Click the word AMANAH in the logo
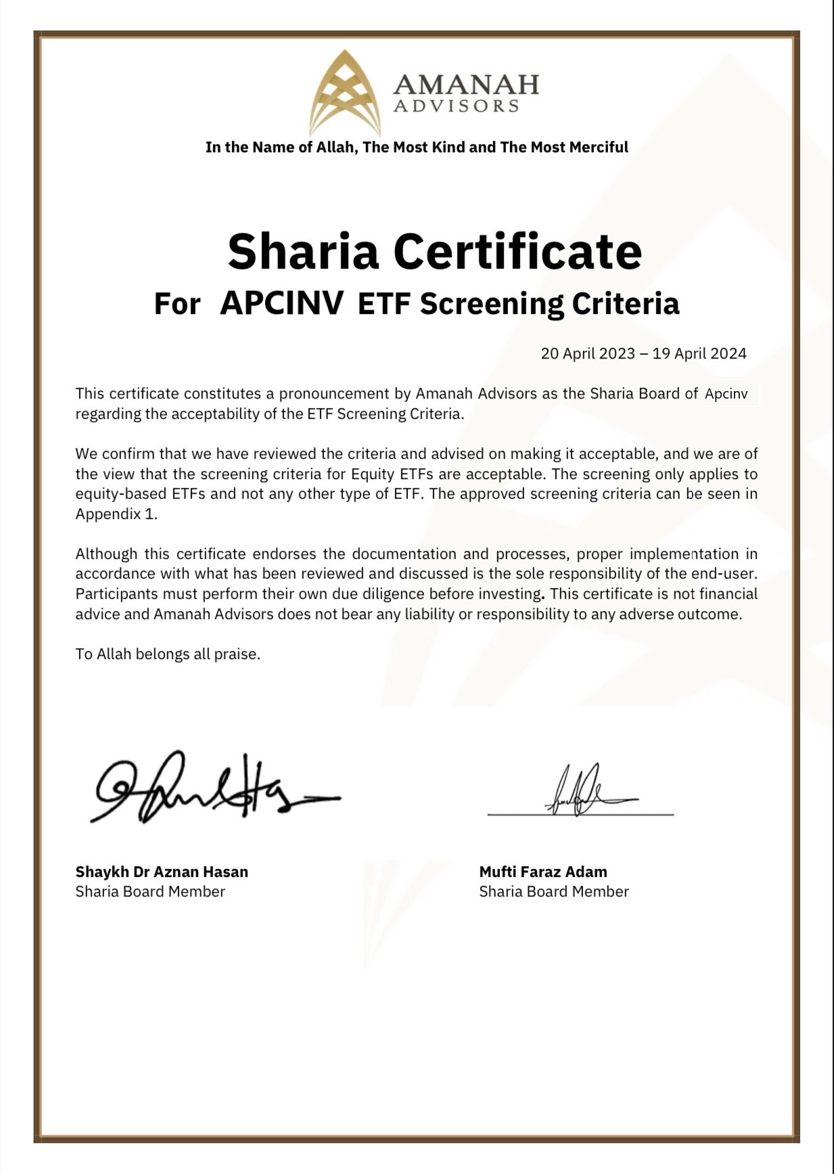[x=466, y=84]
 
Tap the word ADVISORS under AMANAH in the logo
[x=457, y=106]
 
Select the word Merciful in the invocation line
[x=599, y=148]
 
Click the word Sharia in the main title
[x=303, y=252]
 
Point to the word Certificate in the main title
[x=517, y=252]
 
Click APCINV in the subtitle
[x=282, y=304]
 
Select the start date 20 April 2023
[x=588, y=354]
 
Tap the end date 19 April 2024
[x=699, y=354]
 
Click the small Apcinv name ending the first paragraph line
[x=726, y=394]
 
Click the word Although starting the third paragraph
[x=107, y=554]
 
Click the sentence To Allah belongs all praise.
[x=168, y=654]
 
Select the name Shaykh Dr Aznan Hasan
[x=162, y=872]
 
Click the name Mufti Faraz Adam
[x=543, y=872]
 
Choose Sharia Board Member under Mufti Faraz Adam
[x=554, y=892]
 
